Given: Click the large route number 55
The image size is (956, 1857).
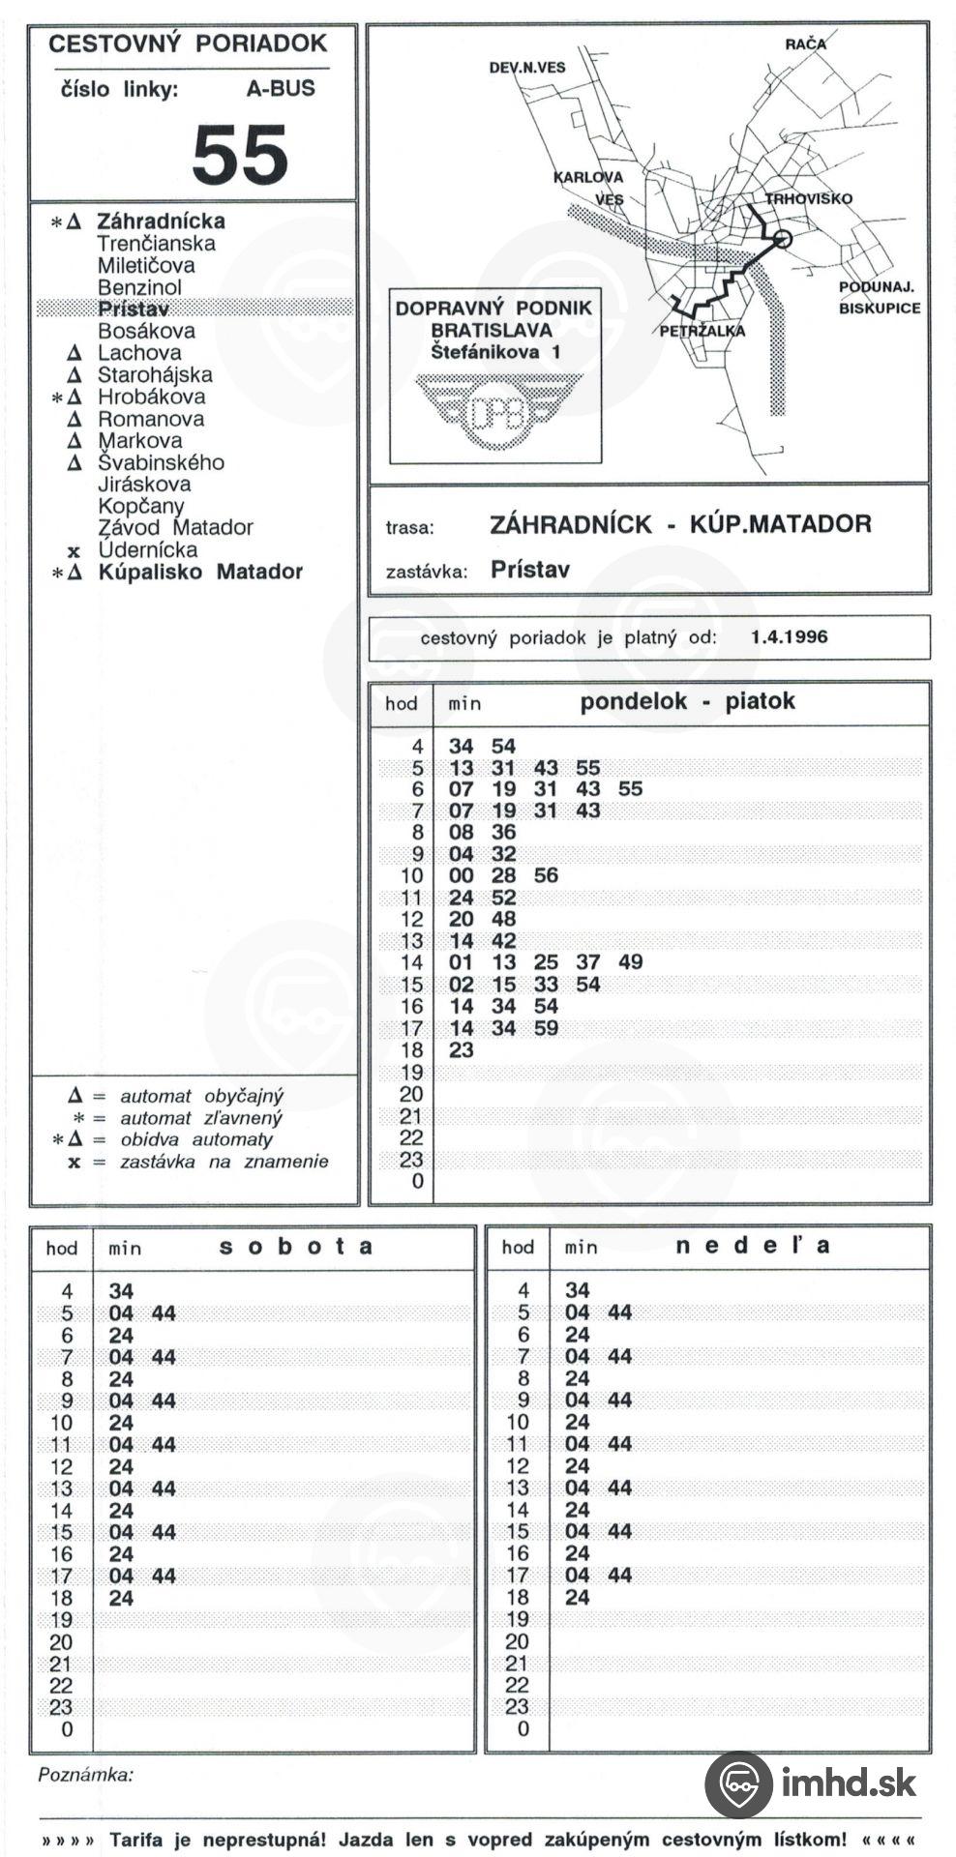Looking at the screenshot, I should tap(240, 155).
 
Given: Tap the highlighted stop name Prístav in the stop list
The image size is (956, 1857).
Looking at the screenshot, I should tap(134, 309).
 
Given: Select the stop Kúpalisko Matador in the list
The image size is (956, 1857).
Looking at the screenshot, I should tap(200, 572).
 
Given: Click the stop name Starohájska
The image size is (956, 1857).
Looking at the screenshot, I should tap(155, 375).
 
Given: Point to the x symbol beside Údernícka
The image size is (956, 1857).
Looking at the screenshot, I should tap(75, 551).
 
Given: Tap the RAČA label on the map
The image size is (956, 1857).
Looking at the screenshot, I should tap(805, 44).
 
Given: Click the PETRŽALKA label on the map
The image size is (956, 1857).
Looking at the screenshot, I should tap(702, 331).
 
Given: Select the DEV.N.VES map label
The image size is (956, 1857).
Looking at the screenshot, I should tap(527, 67).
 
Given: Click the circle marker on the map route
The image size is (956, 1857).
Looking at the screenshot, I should tap(782, 239).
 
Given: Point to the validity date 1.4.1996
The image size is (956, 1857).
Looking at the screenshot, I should tap(789, 637).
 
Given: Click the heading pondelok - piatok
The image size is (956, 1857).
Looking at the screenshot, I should tap(687, 702).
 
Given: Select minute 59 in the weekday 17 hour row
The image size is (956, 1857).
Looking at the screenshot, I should tap(546, 1028).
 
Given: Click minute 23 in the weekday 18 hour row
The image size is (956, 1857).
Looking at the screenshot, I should tap(462, 1050).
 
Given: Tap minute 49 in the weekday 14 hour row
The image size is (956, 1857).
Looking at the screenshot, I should tap(630, 962).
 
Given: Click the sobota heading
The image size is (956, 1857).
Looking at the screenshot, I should tap(296, 1247).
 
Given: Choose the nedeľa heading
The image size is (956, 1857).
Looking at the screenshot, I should tap(752, 1246).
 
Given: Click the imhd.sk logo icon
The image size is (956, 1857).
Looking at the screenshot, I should tap(737, 1784).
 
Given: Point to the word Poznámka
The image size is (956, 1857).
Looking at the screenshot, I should tap(86, 1775).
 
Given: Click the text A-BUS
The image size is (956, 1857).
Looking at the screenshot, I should tap(281, 89).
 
